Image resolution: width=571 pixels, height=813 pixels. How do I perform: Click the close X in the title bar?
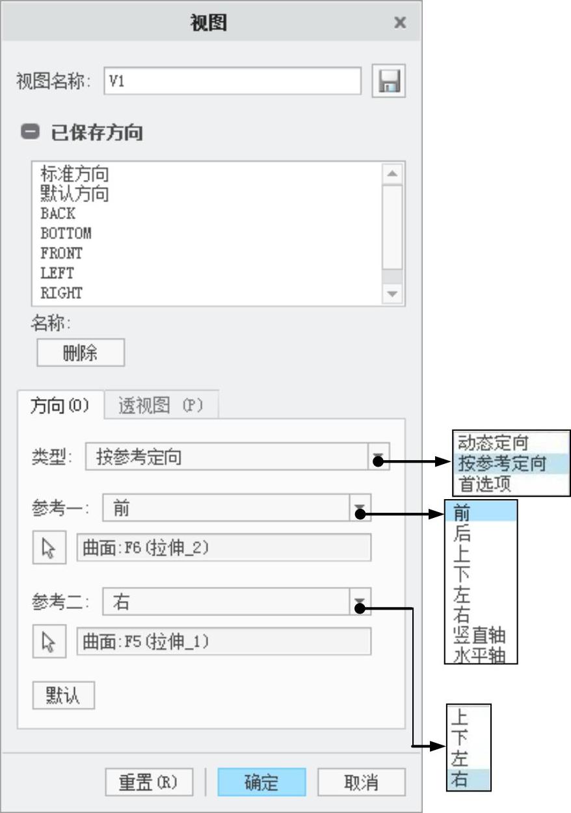(x=400, y=23)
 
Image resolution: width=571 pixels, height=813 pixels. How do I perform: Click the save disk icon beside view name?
(x=388, y=81)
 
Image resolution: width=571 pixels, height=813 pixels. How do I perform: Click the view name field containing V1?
(x=232, y=81)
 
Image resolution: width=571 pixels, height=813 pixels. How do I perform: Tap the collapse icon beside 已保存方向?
(x=30, y=133)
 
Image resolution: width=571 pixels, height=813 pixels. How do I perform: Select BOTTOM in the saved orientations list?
(x=66, y=233)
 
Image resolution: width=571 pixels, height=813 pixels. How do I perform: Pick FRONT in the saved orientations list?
(x=62, y=253)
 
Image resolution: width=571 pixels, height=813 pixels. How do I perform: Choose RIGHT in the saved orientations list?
(x=62, y=293)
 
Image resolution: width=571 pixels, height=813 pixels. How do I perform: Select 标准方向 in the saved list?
(x=75, y=174)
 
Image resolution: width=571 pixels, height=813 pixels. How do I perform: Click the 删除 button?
(x=81, y=353)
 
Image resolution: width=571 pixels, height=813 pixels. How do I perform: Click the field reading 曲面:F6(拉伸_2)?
(x=224, y=548)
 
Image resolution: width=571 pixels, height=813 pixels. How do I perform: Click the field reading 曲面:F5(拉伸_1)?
(x=224, y=641)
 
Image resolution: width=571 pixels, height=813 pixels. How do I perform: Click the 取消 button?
(x=361, y=782)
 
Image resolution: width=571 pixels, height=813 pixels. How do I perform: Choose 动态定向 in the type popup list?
(x=494, y=443)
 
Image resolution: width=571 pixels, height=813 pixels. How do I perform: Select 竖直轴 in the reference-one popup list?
(x=480, y=634)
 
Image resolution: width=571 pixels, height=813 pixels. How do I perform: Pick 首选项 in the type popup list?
(x=485, y=484)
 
